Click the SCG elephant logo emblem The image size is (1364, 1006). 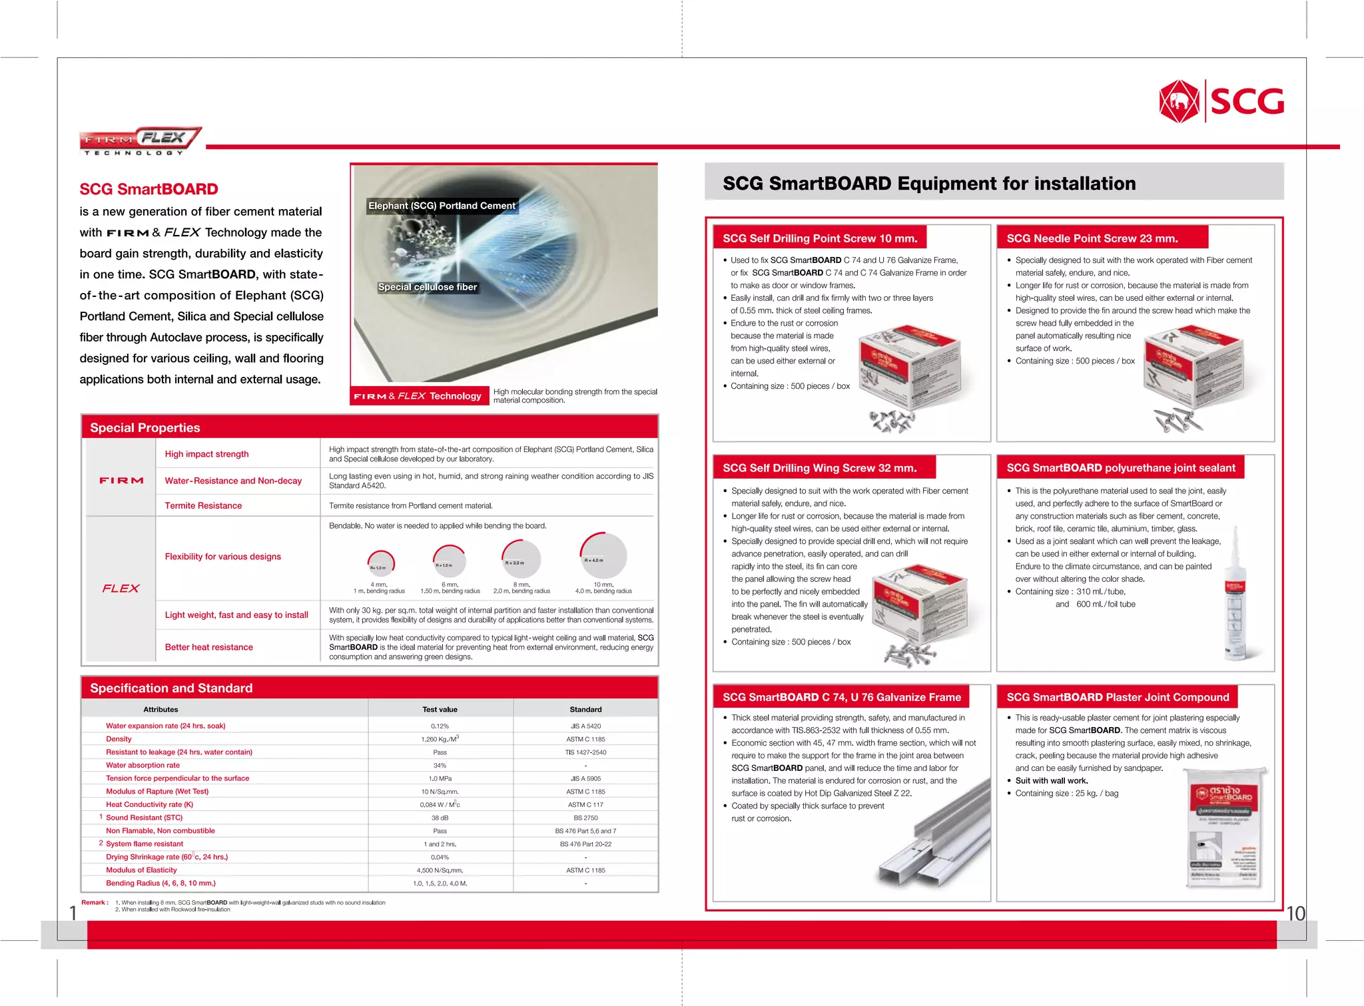click(1179, 101)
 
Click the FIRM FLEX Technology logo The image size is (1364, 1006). click(140, 140)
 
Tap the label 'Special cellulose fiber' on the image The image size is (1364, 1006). click(428, 287)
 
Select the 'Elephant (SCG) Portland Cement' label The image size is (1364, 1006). click(442, 206)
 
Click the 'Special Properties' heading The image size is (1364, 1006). click(145, 427)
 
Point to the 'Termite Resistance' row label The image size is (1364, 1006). click(203, 505)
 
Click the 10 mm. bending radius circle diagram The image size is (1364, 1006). click(603, 555)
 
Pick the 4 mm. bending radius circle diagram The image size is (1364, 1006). click(381, 563)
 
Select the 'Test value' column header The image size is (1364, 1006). click(440, 709)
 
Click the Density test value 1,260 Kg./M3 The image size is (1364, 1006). click(440, 739)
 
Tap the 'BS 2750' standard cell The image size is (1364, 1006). click(585, 818)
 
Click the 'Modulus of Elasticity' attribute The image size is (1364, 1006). click(141, 870)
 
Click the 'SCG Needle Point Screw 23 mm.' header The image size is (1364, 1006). click(1092, 238)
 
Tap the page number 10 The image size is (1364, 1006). click(1295, 913)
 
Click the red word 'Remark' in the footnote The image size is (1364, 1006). click(93, 903)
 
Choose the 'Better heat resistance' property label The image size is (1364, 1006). click(208, 647)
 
